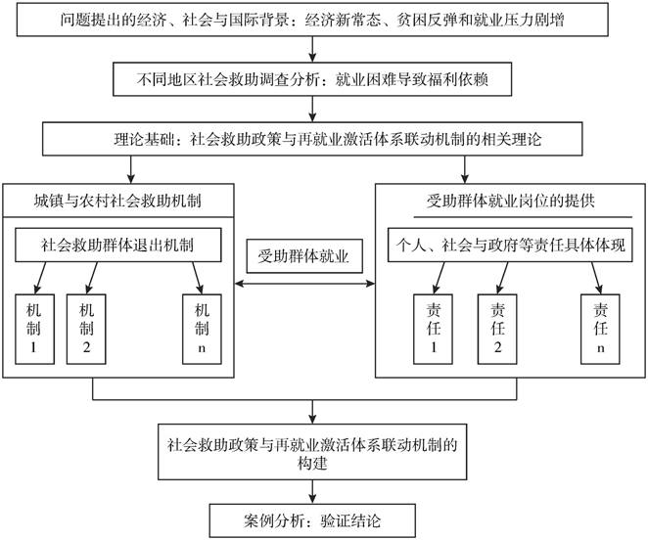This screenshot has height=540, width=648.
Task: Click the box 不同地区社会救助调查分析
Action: tap(310, 80)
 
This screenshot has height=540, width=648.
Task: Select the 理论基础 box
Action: tap(310, 139)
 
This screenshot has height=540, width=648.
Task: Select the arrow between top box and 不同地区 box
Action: tap(310, 51)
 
